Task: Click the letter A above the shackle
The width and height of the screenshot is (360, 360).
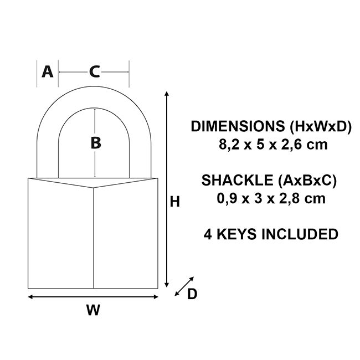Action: click(48, 71)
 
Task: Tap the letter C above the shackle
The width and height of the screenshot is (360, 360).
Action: click(94, 71)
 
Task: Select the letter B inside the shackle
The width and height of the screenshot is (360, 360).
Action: click(96, 143)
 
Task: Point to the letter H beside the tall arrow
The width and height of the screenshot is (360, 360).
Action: click(174, 202)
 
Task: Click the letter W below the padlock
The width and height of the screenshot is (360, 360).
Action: click(93, 310)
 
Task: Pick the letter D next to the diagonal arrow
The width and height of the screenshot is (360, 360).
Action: click(192, 294)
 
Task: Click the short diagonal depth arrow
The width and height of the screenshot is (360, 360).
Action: click(184, 286)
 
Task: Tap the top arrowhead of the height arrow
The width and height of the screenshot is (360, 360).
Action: click(167, 94)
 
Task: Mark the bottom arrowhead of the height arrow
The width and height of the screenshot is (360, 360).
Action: click(167, 285)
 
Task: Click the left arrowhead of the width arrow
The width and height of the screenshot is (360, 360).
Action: click(30, 297)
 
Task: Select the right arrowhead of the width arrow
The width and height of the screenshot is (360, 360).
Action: click(156, 297)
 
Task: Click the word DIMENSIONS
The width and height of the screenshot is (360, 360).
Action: click(238, 126)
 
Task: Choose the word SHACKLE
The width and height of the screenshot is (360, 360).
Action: click(237, 180)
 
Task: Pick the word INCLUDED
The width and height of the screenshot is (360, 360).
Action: click(300, 234)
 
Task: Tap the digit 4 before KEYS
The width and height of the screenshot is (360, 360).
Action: click(208, 234)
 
